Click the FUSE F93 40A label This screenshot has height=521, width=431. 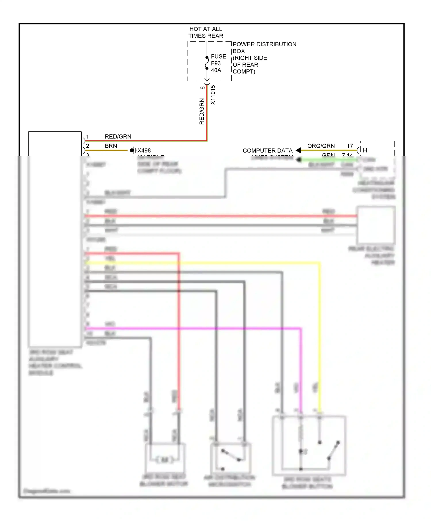pos(218,63)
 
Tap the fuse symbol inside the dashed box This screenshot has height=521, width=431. pos(207,63)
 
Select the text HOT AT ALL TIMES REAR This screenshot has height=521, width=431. pos(206,32)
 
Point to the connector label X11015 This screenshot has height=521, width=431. pos(213,95)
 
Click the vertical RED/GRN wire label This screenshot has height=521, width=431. pos(202,111)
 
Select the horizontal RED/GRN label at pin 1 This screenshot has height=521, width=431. pos(118,136)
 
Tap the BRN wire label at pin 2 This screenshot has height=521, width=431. pos(111,146)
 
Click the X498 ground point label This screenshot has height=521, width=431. pos(144,150)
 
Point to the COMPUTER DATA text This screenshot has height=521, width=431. pos(267,150)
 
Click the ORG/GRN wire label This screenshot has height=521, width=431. pos(321,146)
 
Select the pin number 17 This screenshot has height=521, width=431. pos(350,146)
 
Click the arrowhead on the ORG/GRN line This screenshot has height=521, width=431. pos(299,150)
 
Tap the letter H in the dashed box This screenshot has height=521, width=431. pos(365,150)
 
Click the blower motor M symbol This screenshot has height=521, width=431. pos(165,460)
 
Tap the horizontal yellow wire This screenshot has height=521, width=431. pos(201,263)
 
